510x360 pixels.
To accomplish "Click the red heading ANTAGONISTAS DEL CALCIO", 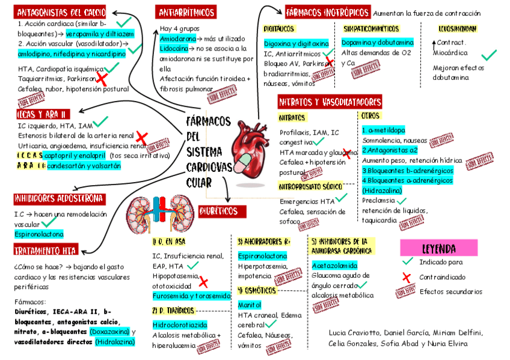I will [61, 12].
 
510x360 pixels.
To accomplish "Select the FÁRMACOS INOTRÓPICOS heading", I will [327, 12].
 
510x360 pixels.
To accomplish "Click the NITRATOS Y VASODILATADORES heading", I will [330, 102].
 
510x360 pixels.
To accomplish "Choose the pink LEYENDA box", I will [438, 248].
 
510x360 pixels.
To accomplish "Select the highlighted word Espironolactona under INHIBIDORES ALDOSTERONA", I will [38, 234].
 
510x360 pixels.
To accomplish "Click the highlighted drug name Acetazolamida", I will [334, 265].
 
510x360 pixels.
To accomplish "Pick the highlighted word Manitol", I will [250, 305].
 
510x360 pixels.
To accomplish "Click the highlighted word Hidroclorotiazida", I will [180, 325].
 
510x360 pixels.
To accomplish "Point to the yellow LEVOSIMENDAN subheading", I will [458, 28].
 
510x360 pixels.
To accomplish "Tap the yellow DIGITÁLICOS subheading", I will [279, 28].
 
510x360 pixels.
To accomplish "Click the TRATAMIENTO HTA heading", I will [46, 250].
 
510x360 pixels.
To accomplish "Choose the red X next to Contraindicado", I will [407, 277].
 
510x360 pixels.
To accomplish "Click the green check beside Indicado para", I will [407, 262].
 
